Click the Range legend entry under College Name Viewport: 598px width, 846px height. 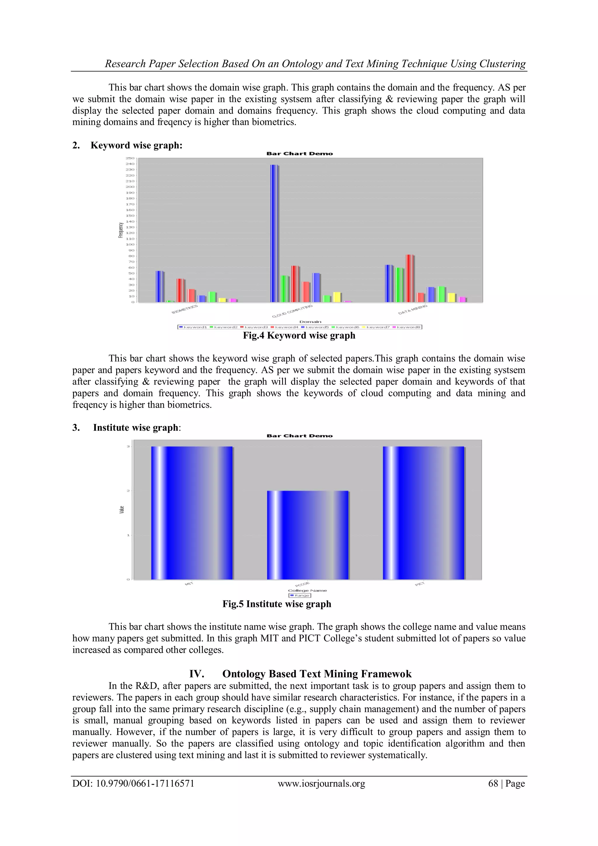pyautogui.click(x=300, y=596)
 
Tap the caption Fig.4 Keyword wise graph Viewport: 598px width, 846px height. pyautogui.click(x=299, y=336)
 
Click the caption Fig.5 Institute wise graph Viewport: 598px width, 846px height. pyautogui.click(x=277, y=604)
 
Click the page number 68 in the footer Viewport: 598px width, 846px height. pyautogui.click(x=493, y=783)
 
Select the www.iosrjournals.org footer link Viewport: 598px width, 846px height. pyautogui.click(x=321, y=783)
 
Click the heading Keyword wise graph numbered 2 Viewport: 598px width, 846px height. pyautogui.click(x=136, y=145)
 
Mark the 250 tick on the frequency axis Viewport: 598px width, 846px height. pyautogui.click(x=131, y=158)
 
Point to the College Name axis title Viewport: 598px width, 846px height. pyautogui.click(x=307, y=590)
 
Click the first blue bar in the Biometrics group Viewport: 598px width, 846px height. pyautogui.click(x=159, y=286)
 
